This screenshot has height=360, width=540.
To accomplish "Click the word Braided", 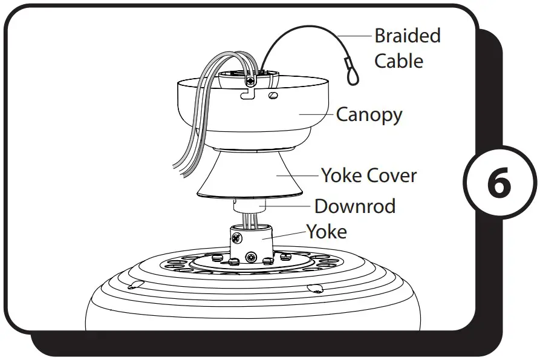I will (407, 36).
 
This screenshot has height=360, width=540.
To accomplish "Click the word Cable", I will (398, 61).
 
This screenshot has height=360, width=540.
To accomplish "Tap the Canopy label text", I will (369, 114).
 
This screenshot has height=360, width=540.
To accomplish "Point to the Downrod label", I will (354, 206).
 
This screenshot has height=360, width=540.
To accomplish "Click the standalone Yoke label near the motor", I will (326, 231).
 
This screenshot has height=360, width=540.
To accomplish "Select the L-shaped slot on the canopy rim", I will (247, 94).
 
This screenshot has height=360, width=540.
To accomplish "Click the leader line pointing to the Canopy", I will (317, 114).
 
